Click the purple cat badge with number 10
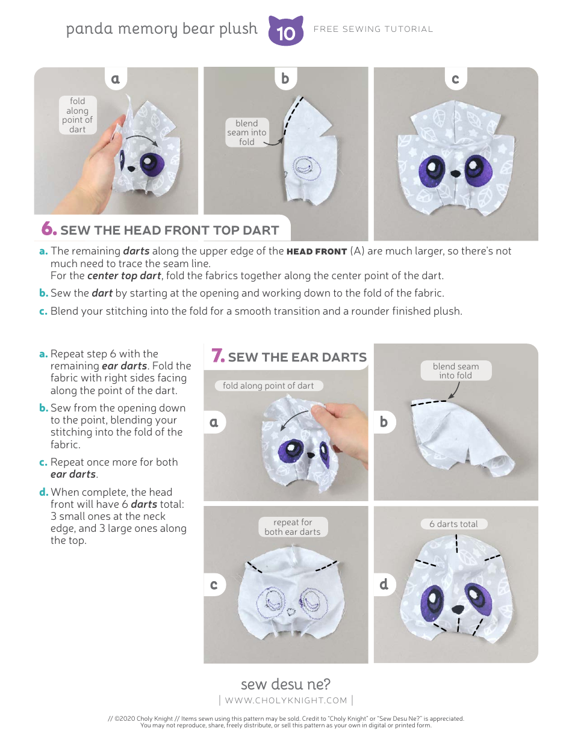pyautogui.click(x=285, y=31)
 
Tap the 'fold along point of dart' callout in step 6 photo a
pyautogui.click(x=77, y=115)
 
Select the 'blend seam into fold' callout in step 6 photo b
pyautogui.click(x=247, y=132)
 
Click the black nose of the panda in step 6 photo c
pyautogui.click(x=456, y=173)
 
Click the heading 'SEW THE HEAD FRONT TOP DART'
pyautogui.click(x=169, y=230)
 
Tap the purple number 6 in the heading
pyautogui.click(x=49, y=229)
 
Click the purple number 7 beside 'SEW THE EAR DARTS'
pyautogui.click(x=218, y=356)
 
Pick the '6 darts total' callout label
pyautogui.click(x=453, y=524)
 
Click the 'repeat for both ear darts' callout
pyautogui.click(x=293, y=527)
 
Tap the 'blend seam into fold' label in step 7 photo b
pyautogui.click(x=456, y=371)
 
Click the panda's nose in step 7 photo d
pyautogui.click(x=457, y=609)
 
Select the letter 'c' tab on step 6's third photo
pyautogui.click(x=455, y=79)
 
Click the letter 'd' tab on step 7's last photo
pyautogui.click(x=384, y=584)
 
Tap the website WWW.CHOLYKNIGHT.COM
pyautogui.click(x=286, y=700)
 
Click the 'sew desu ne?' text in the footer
pyautogui.click(x=285, y=684)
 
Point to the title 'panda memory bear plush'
pyautogui.click(x=161, y=29)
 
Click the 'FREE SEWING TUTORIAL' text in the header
pyautogui.click(x=373, y=29)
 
